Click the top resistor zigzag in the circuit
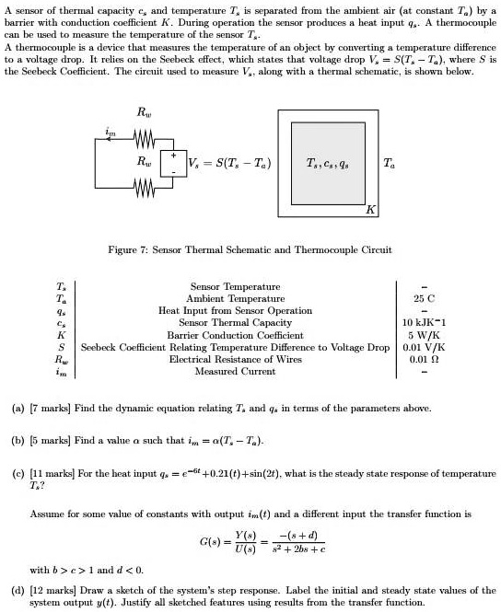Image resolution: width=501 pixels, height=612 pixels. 143,142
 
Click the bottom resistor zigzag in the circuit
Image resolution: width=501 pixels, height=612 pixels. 143,191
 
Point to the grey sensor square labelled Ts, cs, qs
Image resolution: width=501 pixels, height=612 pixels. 327,164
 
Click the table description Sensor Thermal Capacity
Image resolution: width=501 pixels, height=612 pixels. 235,322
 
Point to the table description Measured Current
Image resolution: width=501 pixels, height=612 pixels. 235,371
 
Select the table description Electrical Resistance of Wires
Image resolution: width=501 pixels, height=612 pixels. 235,359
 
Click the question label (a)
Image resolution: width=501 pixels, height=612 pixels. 14,408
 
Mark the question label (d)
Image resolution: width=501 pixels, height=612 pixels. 14,588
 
